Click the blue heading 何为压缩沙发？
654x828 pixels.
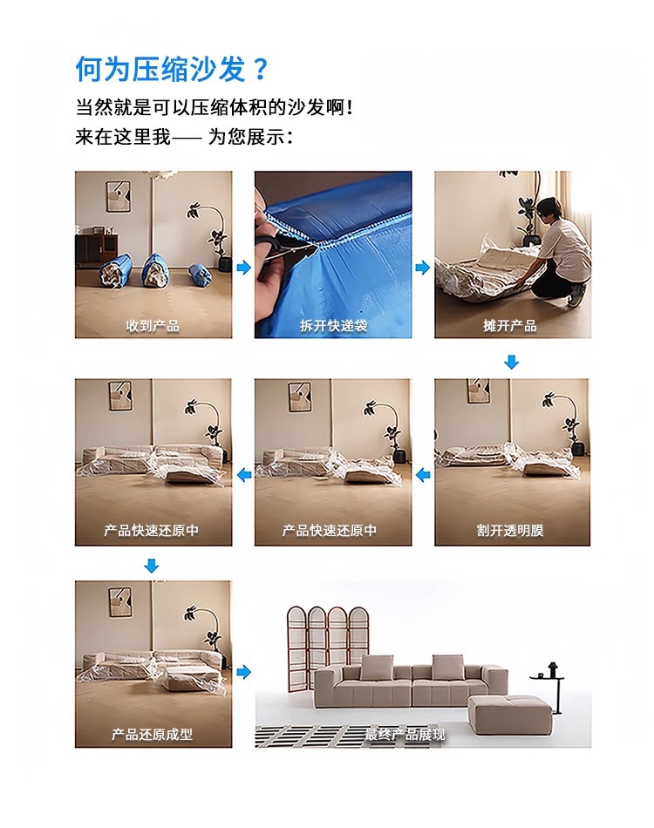click(172, 69)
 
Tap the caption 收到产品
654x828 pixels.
click(153, 326)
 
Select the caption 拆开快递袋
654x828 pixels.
click(333, 326)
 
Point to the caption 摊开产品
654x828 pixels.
click(510, 326)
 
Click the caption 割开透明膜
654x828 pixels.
click(510, 530)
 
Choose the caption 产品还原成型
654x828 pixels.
click(152, 734)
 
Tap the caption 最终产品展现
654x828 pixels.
click(405, 734)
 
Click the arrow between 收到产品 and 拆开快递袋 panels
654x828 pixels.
click(243, 268)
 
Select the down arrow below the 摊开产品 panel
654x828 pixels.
click(511, 362)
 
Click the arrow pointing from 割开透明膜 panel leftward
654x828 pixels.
click(423, 475)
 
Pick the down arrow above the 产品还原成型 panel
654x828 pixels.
click(152, 566)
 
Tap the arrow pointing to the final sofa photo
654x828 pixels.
click(243, 672)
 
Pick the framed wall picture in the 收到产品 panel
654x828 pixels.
click(119, 196)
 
